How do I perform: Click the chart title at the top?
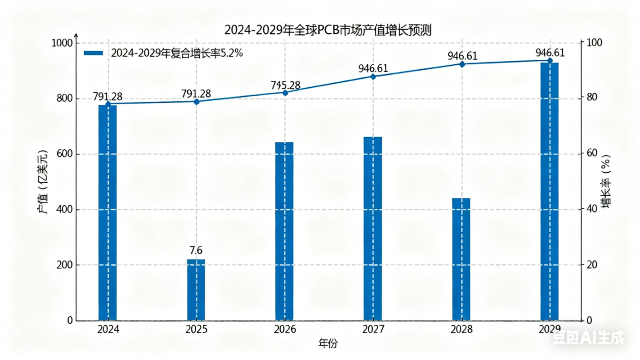click(328, 30)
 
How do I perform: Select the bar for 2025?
click(196, 290)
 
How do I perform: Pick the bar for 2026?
click(284, 231)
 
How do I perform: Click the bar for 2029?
click(549, 191)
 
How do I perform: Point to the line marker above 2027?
click(373, 77)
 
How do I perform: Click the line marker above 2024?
click(107, 104)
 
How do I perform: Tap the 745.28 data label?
click(285, 85)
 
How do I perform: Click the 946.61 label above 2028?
click(462, 56)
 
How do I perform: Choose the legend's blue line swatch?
click(94, 53)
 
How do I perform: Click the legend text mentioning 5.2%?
click(177, 53)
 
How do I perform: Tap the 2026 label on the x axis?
click(285, 330)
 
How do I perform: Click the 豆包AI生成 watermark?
click(588, 338)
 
